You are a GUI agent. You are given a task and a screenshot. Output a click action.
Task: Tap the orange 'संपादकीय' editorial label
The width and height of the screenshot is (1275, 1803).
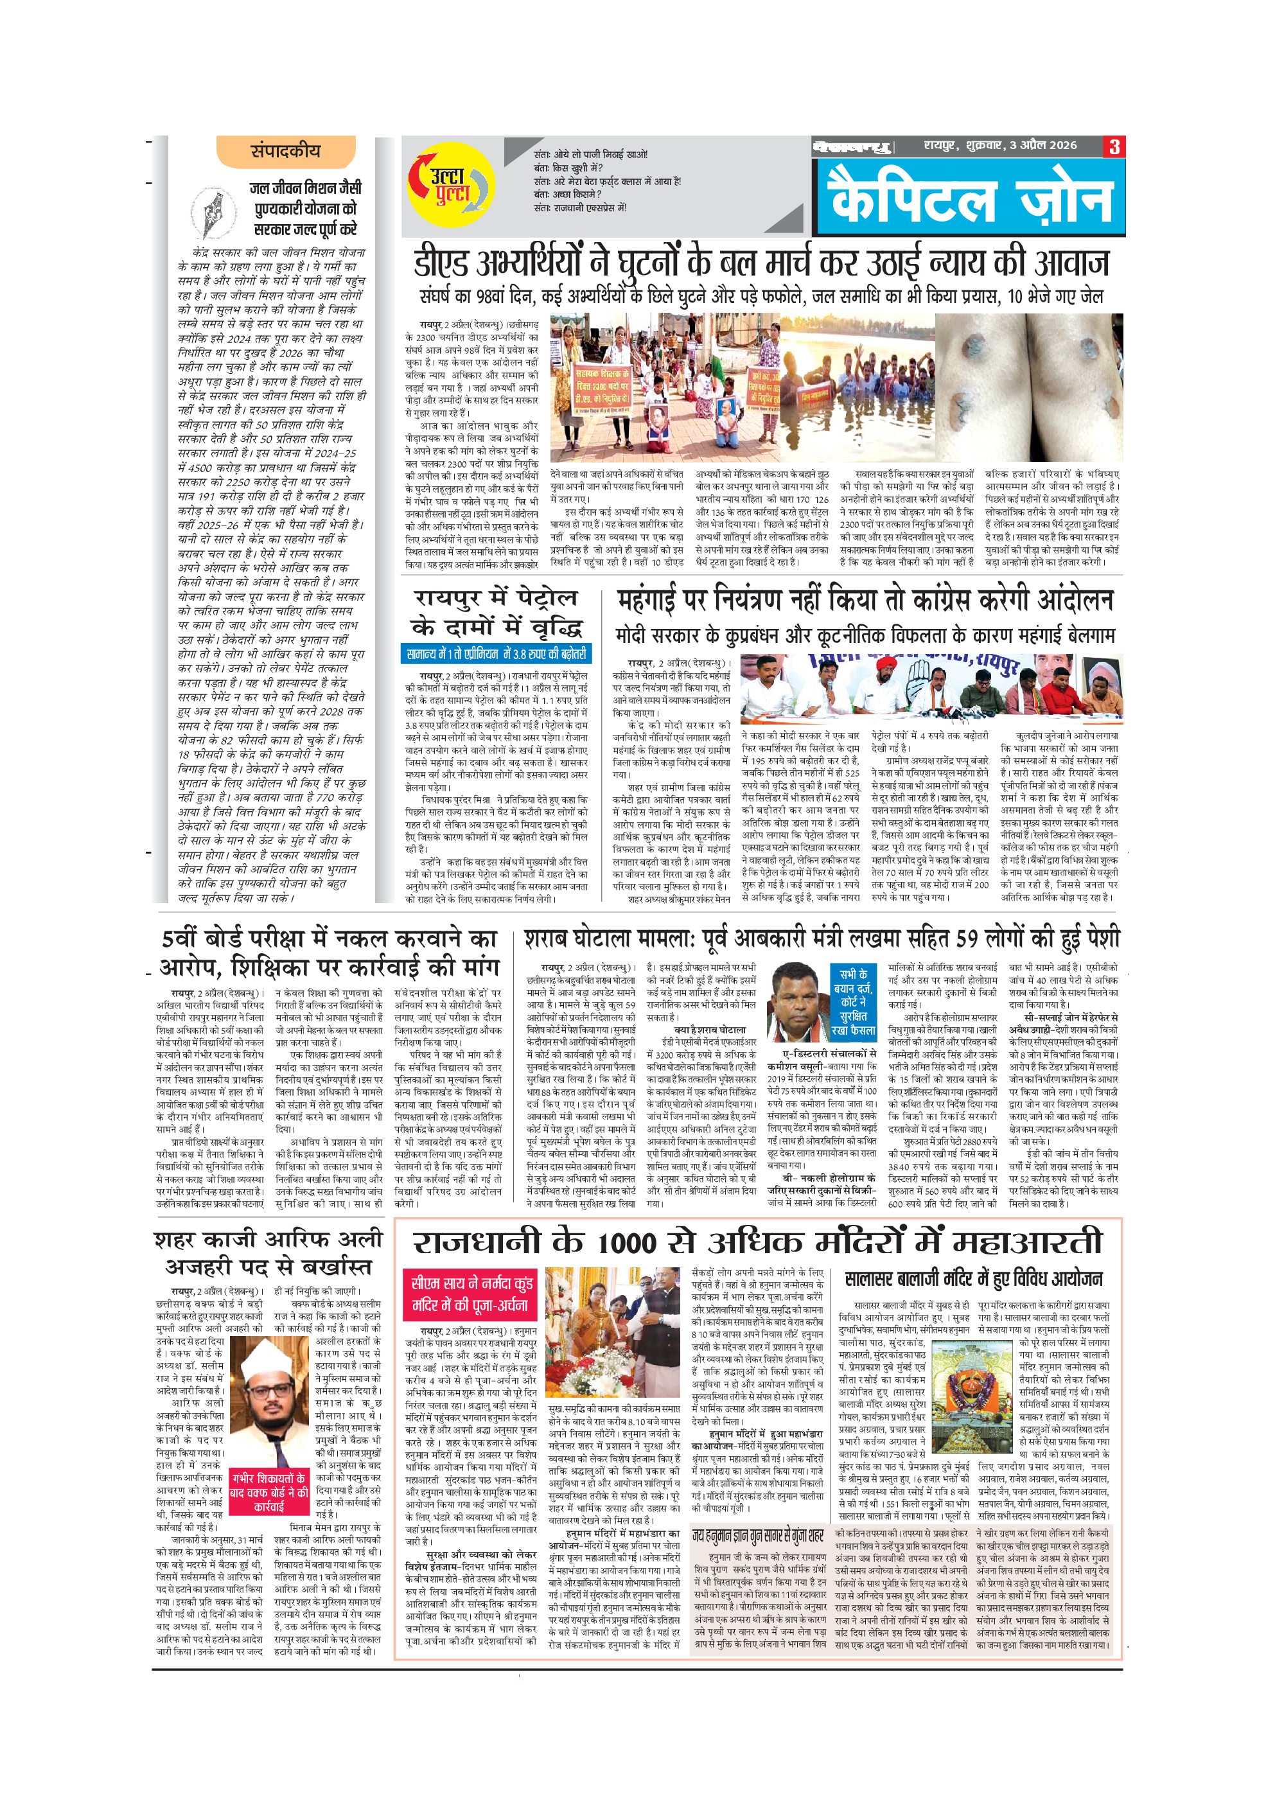click(285, 152)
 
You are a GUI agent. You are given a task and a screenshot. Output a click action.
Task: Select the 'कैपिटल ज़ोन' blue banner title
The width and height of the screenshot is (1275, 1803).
click(971, 197)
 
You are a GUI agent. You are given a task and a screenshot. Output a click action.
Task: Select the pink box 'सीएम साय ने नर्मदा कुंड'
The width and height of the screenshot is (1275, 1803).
click(471, 1295)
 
